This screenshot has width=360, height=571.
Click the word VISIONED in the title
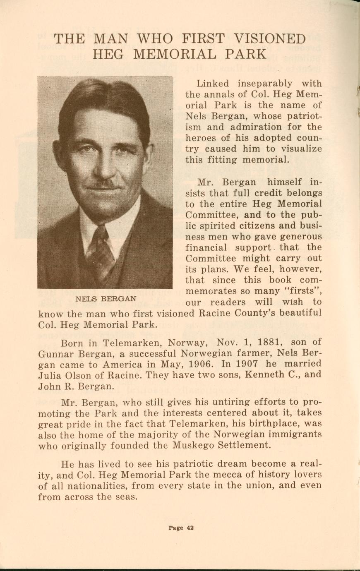[270, 39]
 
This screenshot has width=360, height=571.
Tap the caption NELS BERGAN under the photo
[106, 298]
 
